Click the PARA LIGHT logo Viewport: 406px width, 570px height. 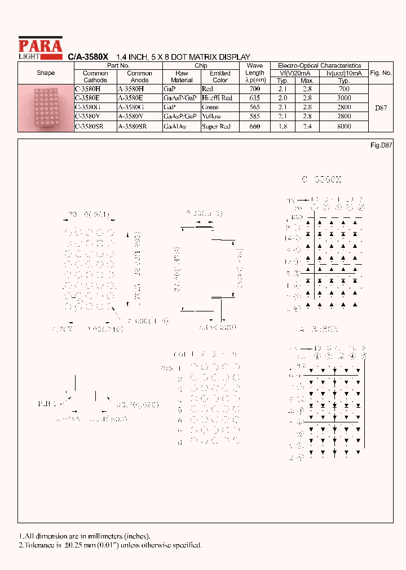(40, 47)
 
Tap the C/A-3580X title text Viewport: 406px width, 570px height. (88, 57)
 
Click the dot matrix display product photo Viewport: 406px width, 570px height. (46, 108)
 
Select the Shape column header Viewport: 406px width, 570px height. (46, 73)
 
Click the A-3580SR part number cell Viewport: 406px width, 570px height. (132, 127)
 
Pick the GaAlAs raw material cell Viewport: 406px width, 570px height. (174, 127)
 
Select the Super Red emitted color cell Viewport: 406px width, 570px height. (216, 127)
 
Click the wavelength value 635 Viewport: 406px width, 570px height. (254, 98)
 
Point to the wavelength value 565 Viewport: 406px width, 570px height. (254, 108)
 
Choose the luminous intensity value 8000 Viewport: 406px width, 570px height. (344, 127)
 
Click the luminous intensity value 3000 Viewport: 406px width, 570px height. (344, 98)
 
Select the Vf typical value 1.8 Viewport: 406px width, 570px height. (283, 127)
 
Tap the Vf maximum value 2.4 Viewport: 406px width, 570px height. (307, 127)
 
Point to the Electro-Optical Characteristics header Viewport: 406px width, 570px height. (319, 66)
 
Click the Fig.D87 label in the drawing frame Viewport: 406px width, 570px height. (381, 145)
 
